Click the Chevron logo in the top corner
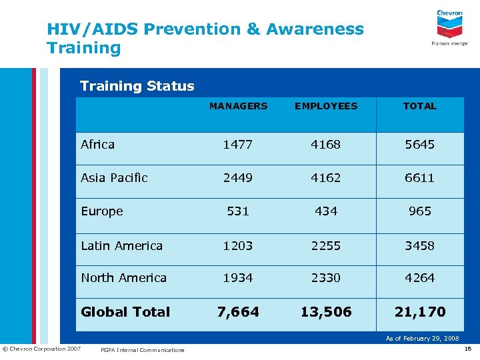pos(450,27)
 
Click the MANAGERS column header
pos(238,106)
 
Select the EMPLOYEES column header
pos(326,106)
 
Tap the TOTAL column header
pos(420,106)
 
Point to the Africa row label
pos(97,145)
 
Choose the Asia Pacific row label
pos(114,178)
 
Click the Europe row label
pos(102,211)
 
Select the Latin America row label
pos(121,246)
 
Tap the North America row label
pos(123,278)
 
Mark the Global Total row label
pos(125,312)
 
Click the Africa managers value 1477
pos(238,145)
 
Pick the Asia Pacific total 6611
pos(420,178)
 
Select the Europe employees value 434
pos(326,211)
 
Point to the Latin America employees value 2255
pos(326,246)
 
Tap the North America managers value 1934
pos(238,278)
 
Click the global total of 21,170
pos(420,312)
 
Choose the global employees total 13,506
pos(326,312)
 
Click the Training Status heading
pos(137,86)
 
